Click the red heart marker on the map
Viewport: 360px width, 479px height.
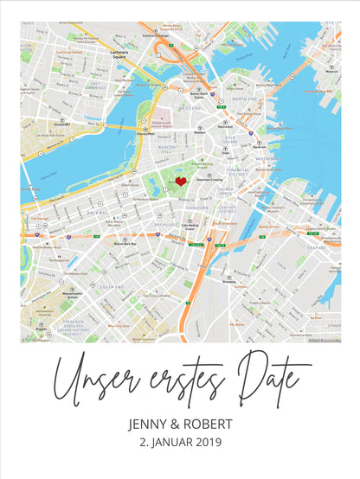[x=181, y=182]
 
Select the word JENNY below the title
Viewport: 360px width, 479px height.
[x=152, y=425]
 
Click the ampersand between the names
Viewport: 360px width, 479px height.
[x=180, y=425]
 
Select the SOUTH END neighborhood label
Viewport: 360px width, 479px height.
[x=113, y=286]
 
